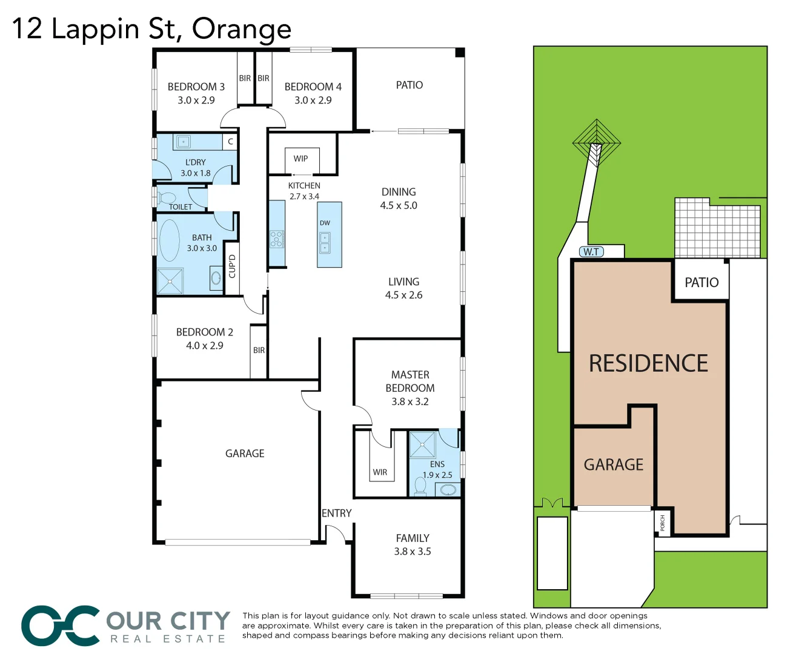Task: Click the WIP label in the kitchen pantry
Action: click(300, 159)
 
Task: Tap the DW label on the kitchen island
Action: click(325, 223)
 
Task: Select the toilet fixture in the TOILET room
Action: click(167, 197)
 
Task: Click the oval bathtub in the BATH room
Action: click(169, 240)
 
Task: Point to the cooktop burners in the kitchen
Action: click(277, 239)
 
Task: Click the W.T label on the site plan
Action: click(591, 252)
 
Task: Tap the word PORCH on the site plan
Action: click(662, 523)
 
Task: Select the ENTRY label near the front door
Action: click(336, 513)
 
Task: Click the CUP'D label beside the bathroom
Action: click(232, 266)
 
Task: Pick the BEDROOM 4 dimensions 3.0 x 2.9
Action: click(313, 101)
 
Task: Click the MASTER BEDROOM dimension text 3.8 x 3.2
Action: click(410, 401)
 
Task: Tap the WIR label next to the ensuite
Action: click(380, 472)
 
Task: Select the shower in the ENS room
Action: click(422, 445)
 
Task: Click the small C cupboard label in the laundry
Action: click(230, 142)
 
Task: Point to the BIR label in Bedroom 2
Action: click(259, 350)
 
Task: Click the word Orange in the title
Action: click(242, 28)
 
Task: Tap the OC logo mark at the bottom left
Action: click(61, 626)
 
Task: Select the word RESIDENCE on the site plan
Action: click(648, 363)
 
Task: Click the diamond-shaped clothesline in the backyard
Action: click(597, 143)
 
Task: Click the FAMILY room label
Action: click(413, 538)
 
